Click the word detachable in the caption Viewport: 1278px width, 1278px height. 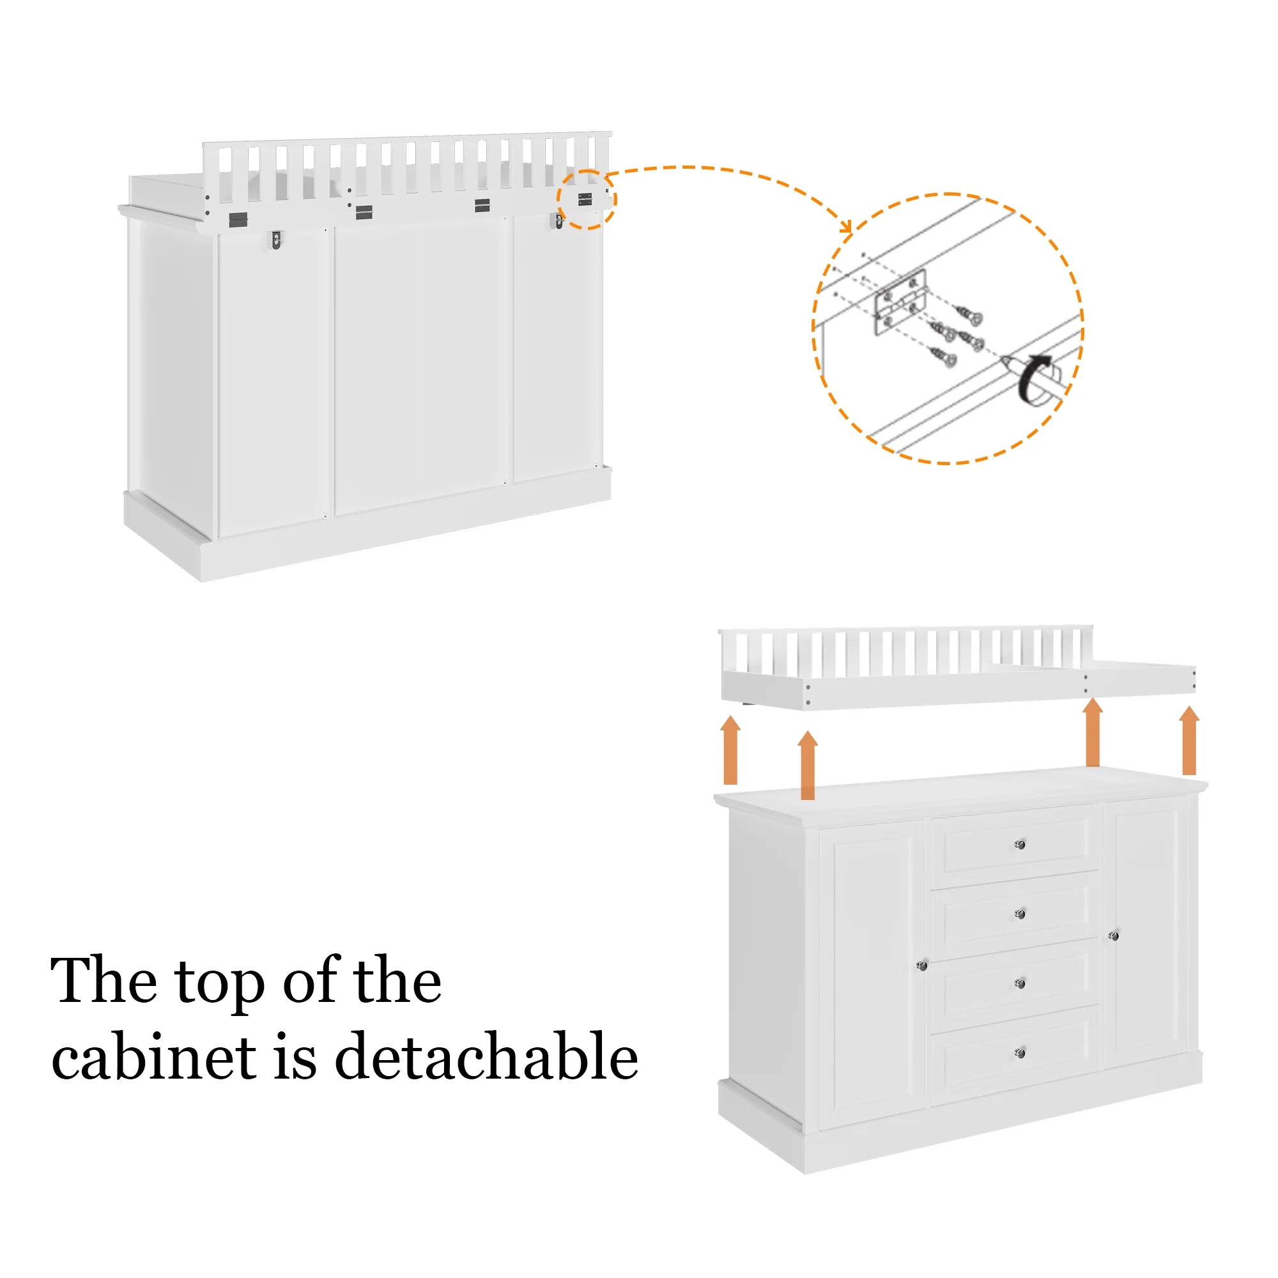[486, 1056]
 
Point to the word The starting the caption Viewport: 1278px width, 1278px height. [104, 980]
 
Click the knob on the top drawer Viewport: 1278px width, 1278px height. [1020, 845]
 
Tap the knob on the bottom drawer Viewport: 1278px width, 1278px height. [1020, 1053]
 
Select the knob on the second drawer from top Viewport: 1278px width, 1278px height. [1020, 914]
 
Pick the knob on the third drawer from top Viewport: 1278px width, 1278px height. [1020, 983]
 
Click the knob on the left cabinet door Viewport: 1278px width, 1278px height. [923, 966]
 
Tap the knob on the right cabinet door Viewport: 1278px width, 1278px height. [1114, 936]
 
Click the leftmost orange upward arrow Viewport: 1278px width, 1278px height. [730, 750]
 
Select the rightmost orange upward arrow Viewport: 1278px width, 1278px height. [1189, 740]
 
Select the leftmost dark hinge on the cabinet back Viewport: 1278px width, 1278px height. [238, 220]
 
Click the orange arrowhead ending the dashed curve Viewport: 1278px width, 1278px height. [847, 226]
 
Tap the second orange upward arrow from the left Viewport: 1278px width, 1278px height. [808, 766]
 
